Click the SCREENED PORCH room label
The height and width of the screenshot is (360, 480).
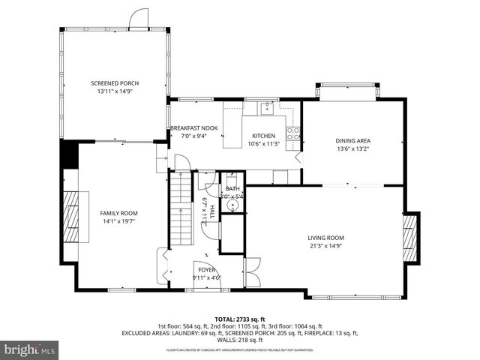click(x=115, y=83)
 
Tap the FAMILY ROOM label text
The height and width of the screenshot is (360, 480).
click(x=119, y=213)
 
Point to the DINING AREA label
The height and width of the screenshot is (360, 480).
click(x=352, y=140)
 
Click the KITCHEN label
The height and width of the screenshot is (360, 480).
click(x=263, y=136)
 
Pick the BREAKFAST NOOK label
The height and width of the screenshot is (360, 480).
click(x=193, y=128)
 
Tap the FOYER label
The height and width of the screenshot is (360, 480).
click(x=206, y=269)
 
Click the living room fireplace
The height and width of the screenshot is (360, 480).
click(x=409, y=238)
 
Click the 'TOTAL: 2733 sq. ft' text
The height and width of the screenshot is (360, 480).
click(x=240, y=319)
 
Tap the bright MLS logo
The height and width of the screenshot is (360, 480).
click(x=30, y=349)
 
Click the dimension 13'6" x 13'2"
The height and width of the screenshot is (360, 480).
click(x=352, y=148)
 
